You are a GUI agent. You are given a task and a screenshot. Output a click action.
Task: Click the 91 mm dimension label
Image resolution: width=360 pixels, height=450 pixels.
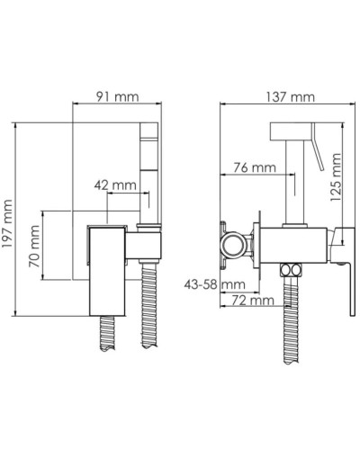pos(117,96)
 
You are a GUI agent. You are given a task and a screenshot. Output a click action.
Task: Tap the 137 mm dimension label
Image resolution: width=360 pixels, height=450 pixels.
pos(291,97)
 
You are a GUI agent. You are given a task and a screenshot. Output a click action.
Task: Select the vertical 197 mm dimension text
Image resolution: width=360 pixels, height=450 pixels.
pos(7,223)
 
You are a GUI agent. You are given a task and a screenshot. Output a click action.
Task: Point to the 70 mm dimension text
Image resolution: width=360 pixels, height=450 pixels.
pos(34,246)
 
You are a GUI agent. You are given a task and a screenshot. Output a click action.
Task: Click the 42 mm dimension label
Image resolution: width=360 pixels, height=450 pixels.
pos(115,185)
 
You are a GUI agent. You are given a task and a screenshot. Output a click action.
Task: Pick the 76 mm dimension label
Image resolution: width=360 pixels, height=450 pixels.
pos(255,167)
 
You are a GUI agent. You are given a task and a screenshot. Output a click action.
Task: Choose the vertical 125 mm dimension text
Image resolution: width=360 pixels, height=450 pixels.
pos(335,177)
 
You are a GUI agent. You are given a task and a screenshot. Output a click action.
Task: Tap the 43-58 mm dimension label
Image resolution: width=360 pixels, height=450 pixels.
pos(214,283)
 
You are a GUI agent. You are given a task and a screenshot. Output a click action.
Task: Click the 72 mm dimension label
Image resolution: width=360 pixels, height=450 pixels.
pos(253,300)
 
